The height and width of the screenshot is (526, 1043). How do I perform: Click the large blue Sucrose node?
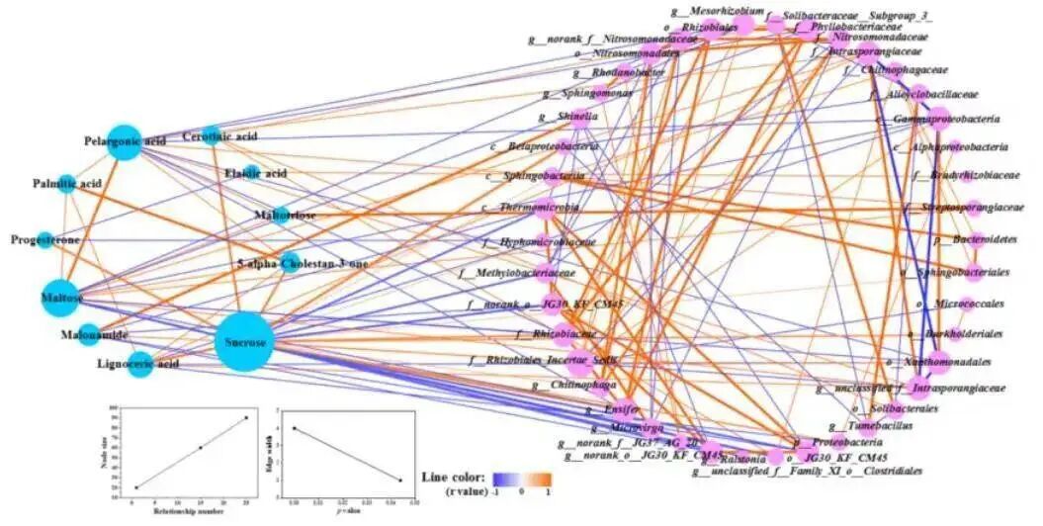(x=243, y=342)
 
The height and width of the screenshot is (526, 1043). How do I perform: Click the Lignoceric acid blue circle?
(x=140, y=364)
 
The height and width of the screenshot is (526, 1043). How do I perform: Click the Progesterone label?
(x=44, y=240)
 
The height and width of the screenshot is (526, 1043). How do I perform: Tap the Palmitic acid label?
(x=66, y=184)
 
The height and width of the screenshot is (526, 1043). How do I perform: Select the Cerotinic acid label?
(x=220, y=136)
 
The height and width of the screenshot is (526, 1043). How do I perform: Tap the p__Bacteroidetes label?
(x=970, y=240)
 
